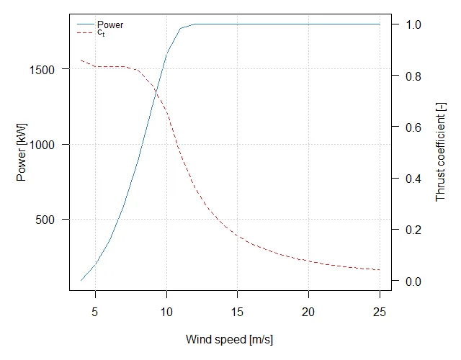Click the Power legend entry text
110,25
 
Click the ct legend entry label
101,32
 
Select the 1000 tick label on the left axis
50,145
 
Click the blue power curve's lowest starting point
81,279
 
